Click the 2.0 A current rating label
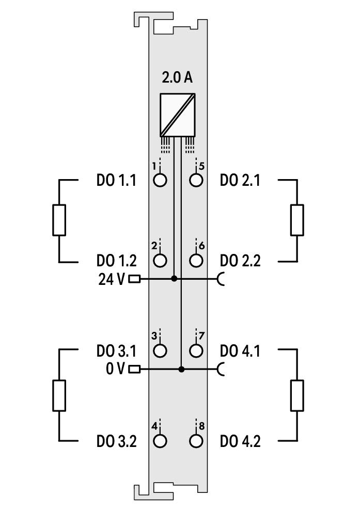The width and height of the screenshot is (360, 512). point(177,78)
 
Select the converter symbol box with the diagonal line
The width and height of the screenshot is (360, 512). point(177,115)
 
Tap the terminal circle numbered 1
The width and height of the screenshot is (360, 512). point(160,180)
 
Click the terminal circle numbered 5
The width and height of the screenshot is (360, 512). point(196,180)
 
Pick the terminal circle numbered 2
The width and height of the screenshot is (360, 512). point(160,260)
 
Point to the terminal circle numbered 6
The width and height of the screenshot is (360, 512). point(196,260)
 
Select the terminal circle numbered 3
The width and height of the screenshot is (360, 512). point(160,350)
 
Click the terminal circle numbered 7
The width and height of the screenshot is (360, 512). point(196,350)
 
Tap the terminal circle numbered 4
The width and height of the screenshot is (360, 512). point(160,441)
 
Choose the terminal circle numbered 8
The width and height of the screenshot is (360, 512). point(196,441)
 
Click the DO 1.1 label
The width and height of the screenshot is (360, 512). point(116,180)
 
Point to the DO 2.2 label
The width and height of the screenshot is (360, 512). point(240,261)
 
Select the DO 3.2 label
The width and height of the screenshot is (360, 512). point(116,441)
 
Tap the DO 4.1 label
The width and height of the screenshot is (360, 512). point(240,351)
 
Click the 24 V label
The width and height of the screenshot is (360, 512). point(112,279)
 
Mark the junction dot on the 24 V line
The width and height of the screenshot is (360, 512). point(174,279)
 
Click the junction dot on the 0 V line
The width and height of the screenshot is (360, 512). point(182,370)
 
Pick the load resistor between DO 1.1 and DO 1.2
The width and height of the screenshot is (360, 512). point(59,220)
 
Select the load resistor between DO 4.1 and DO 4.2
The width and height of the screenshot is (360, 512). point(297,395)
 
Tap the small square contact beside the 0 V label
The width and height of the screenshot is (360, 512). point(135,370)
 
